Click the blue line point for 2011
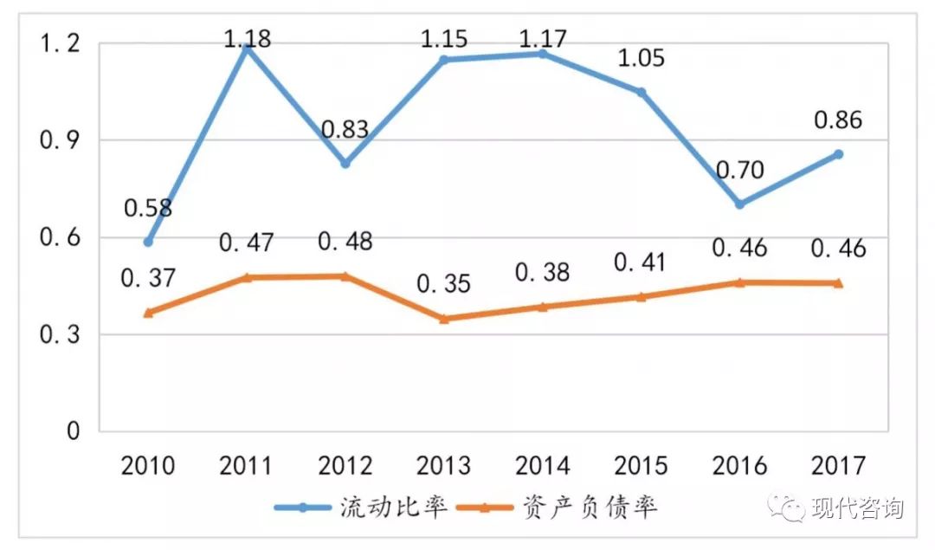point(247,48)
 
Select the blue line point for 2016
point(740,204)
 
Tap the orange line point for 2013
point(444,319)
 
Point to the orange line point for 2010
point(148,313)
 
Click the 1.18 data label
point(247,38)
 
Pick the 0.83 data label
point(345,130)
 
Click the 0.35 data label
point(443,283)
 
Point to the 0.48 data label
point(345,242)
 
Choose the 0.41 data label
point(642,261)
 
